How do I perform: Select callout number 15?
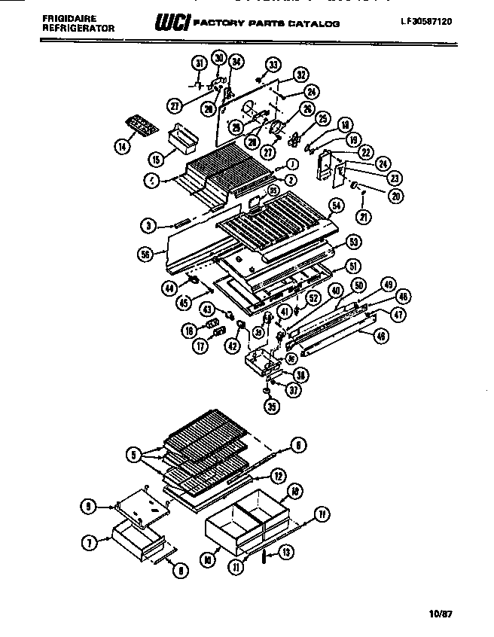point(155,160)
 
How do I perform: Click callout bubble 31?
point(198,62)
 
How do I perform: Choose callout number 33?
point(272,65)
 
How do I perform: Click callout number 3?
point(148,225)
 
